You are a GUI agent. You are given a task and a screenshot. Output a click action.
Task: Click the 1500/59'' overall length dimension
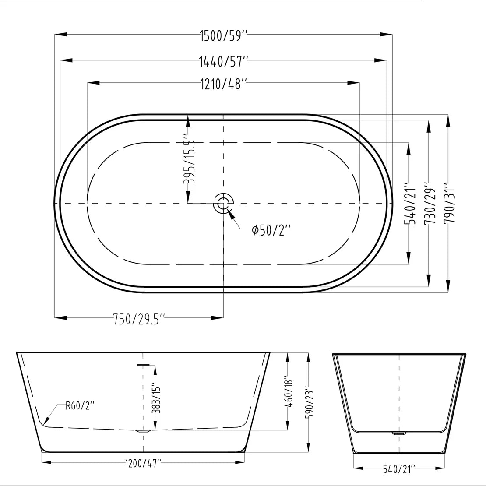click(223, 35)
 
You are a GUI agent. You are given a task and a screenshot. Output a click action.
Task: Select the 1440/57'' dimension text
click(223, 61)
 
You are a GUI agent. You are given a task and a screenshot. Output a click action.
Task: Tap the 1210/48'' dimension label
click(223, 84)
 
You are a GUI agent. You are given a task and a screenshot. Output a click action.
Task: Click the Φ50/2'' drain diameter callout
click(271, 230)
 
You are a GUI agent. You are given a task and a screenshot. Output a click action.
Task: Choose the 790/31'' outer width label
click(449, 204)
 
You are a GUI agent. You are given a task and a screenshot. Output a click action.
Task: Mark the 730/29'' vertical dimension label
click(430, 204)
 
